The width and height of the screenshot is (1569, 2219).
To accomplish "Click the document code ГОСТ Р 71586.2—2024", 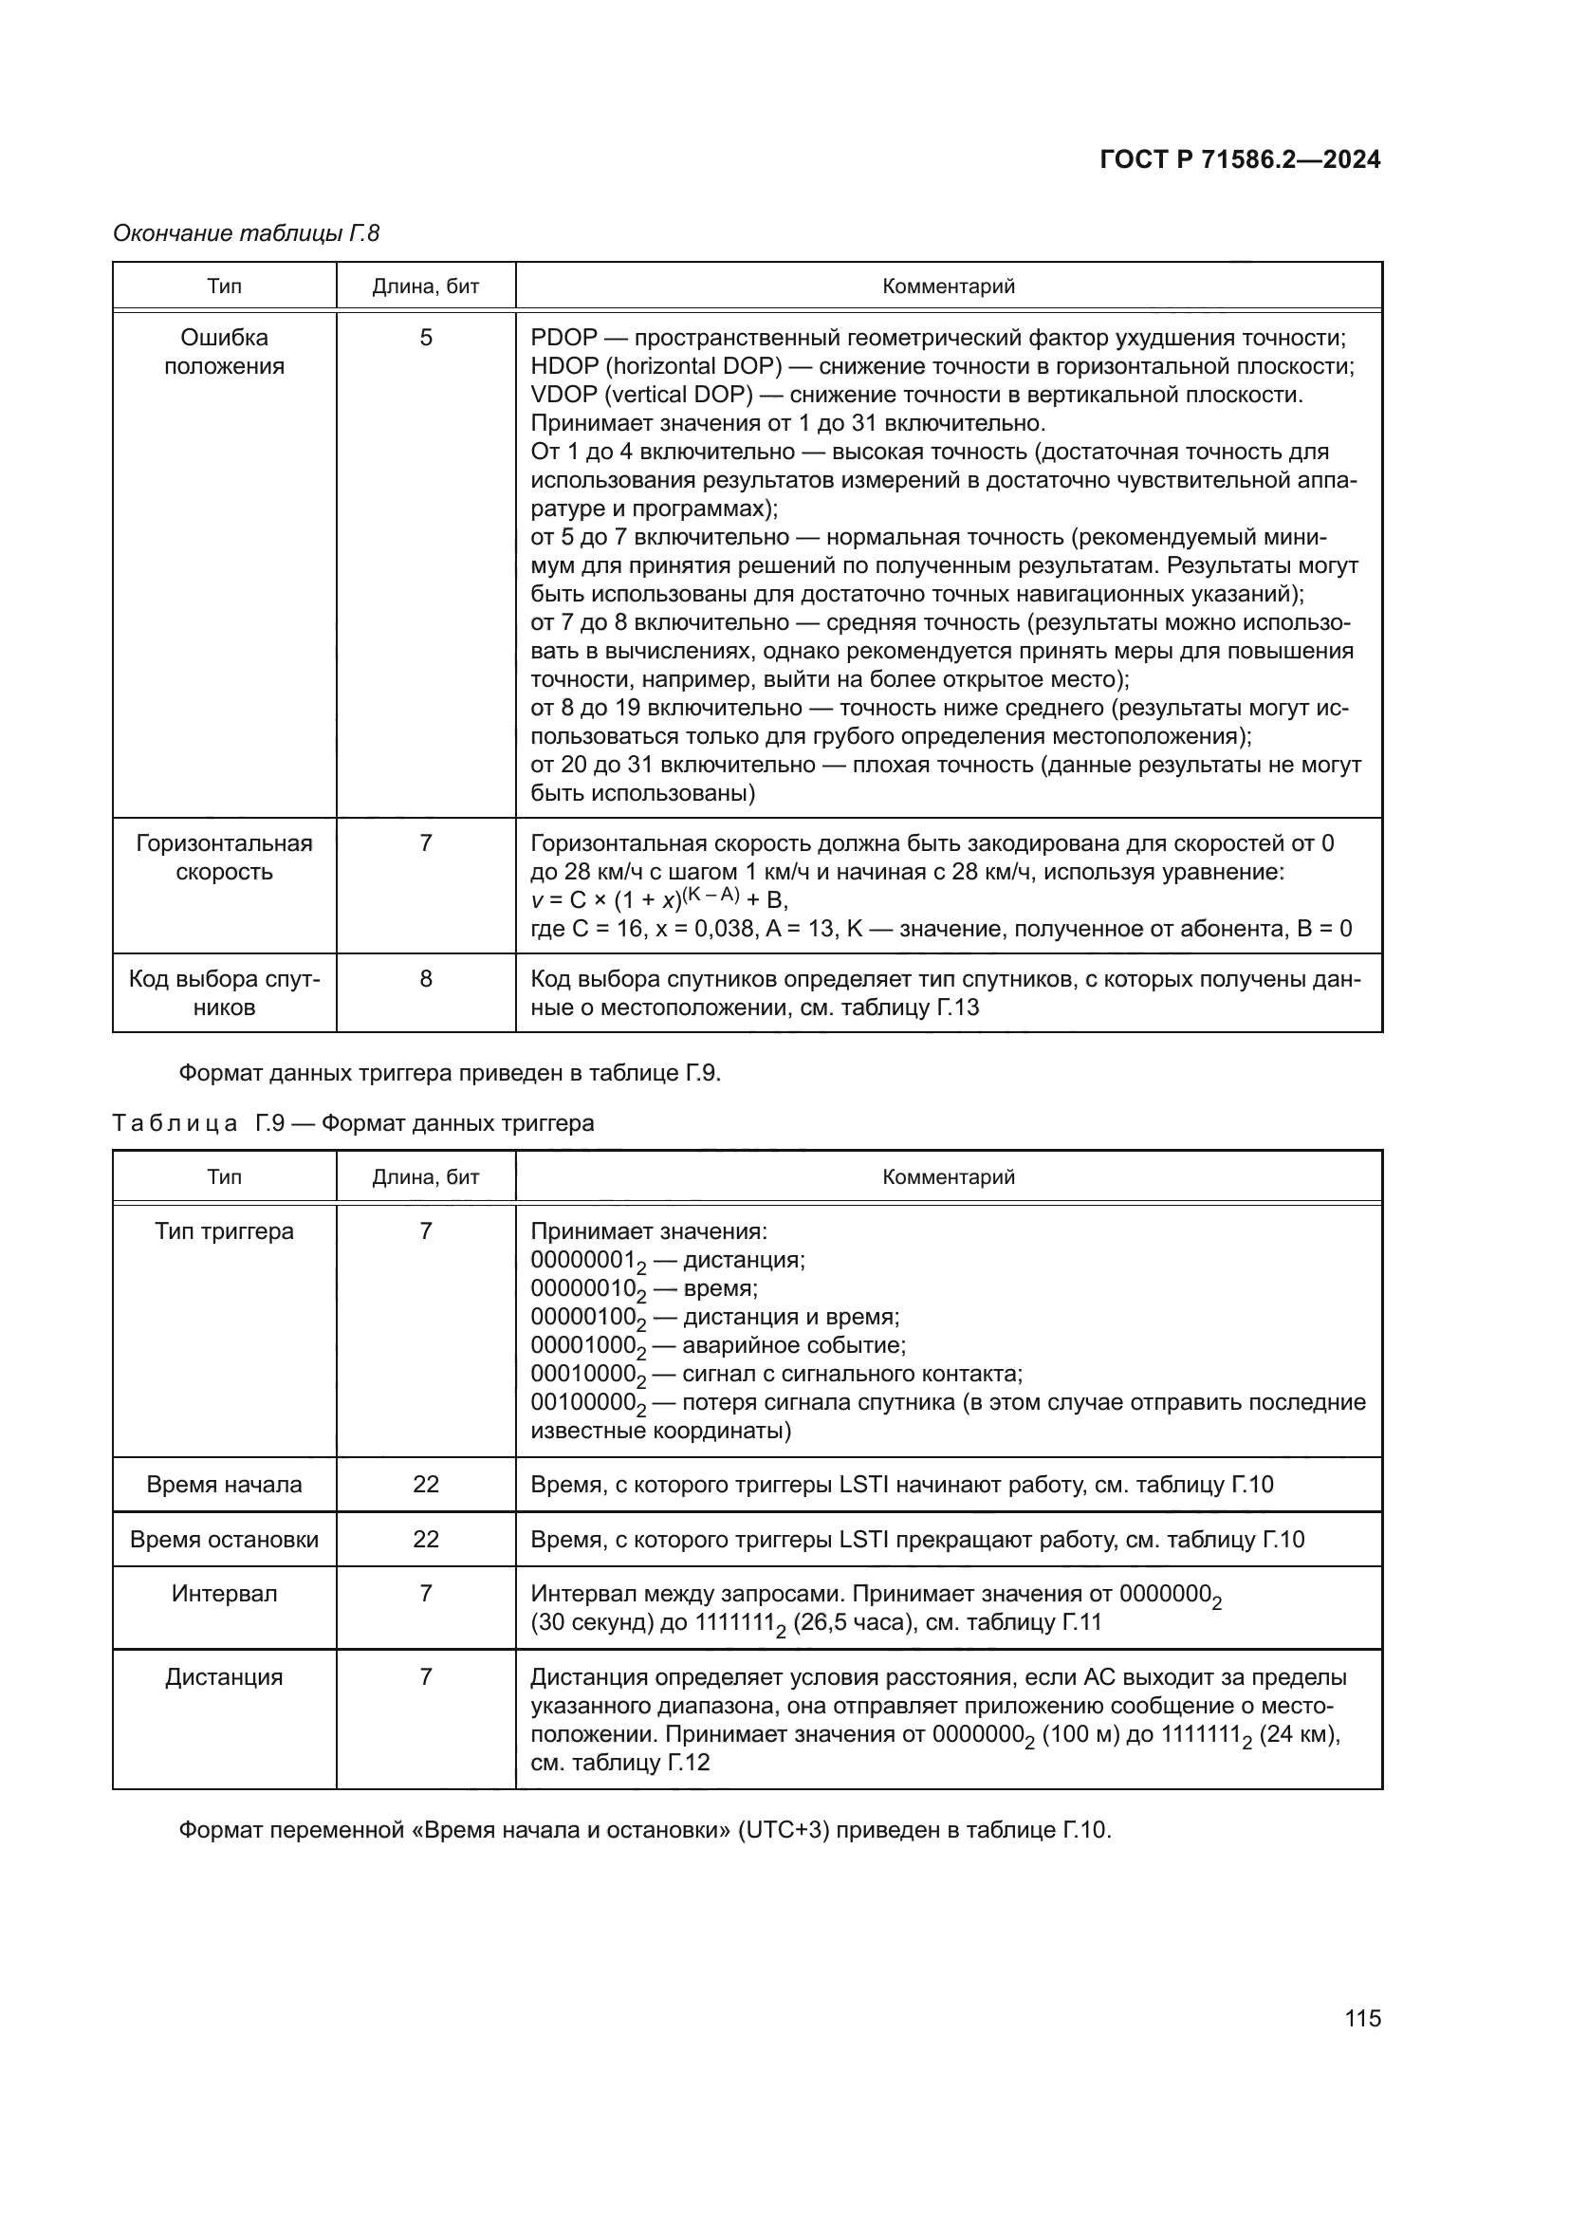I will point(1240,160).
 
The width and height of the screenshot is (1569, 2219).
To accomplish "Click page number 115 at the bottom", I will point(1362,2018).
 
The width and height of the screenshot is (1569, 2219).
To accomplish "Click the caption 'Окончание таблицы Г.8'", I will point(247,233).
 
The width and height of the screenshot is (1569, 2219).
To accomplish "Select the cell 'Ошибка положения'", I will point(224,352).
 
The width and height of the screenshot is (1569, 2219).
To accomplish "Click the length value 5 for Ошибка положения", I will point(426,338).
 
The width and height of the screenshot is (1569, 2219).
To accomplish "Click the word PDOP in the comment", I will point(564,338).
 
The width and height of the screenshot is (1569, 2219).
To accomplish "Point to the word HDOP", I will point(565,366).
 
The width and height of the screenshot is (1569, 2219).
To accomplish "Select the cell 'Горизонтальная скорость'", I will point(224,858).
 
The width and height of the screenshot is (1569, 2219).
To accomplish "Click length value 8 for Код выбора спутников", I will point(426,979).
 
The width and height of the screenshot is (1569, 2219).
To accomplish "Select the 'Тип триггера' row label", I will point(224,1231).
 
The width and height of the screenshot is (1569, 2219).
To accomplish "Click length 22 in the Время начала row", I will point(426,1485).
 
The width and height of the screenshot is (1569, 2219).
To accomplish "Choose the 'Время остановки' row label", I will point(224,1540).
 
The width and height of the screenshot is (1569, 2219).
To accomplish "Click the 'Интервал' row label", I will point(224,1594).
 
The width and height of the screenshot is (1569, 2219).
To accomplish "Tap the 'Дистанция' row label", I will point(224,1676).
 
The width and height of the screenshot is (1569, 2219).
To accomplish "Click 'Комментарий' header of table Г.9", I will point(948,1177).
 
